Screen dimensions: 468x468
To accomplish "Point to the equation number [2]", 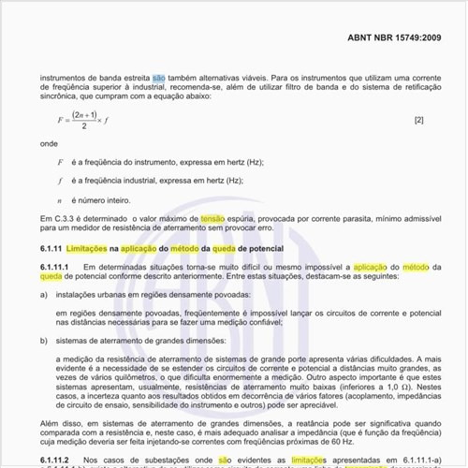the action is pyautogui.click(x=418, y=120).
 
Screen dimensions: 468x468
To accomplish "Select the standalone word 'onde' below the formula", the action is pyautogui.click(x=49, y=145).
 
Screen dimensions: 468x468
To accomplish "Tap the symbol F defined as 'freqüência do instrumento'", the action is pyautogui.click(x=60, y=162).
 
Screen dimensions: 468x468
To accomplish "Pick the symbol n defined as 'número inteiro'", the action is pyautogui.click(x=60, y=200).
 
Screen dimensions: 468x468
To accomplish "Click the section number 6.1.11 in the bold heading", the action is pyautogui.click(x=56, y=249).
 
